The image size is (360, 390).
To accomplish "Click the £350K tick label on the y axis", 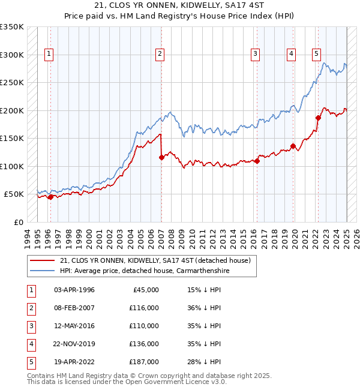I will point(12,27).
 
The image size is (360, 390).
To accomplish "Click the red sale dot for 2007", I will point(161,158).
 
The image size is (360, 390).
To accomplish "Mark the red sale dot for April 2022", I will point(318,118).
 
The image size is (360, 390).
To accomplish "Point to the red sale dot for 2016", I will point(257,161).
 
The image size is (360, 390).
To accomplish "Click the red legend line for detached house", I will point(41,260).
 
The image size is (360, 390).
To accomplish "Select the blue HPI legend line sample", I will point(41,271).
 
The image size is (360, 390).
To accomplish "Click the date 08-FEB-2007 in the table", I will point(74,308).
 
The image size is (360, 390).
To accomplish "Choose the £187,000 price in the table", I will point(145,362).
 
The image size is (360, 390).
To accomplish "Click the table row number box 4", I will point(31,344).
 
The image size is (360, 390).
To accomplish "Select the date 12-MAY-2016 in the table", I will point(74,326).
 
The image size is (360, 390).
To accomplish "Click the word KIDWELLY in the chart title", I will point(173,5).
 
